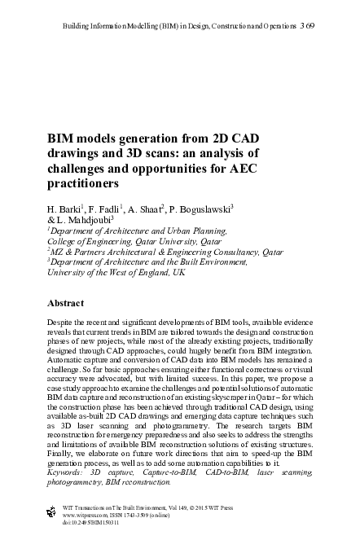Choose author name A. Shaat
[147, 209]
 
